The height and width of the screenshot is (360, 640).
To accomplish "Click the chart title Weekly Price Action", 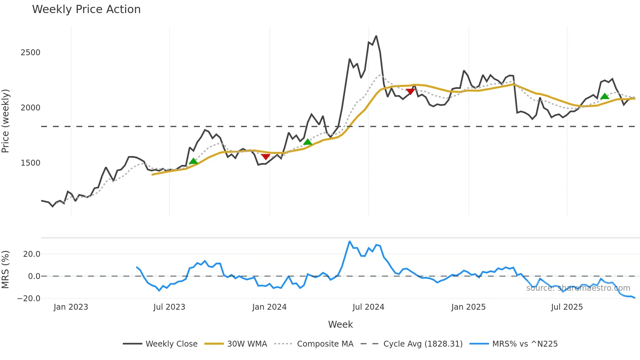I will click(x=86, y=9).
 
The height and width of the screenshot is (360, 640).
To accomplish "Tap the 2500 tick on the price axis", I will click(x=30, y=53).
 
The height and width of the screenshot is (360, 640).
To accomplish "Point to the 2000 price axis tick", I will click(x=30, y=108).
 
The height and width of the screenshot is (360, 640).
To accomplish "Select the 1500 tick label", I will click(x=30, y=163).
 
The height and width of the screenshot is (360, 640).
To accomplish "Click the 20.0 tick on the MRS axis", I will click(x=32, y=254).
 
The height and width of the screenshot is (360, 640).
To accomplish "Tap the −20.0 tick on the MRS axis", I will click(x=29, y=299).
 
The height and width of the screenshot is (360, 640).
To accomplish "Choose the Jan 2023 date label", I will click(x=71, y=307).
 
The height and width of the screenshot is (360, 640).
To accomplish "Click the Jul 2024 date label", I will click(x=368, y=307).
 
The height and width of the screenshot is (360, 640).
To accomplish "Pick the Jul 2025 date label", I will click(x=567, y=307).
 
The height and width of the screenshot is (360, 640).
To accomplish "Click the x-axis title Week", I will click(x=340, y=324).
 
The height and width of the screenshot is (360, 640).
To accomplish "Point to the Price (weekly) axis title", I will click(x=6, y=121).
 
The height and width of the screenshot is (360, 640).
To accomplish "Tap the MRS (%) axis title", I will click(x=6, y=270).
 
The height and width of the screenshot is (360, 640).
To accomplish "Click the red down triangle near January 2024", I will click(x=266, y=157).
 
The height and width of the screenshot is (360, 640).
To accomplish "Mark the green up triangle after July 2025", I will click(x=605, y=96).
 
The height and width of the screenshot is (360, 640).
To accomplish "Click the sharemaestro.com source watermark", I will click(x=578, y=288).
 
